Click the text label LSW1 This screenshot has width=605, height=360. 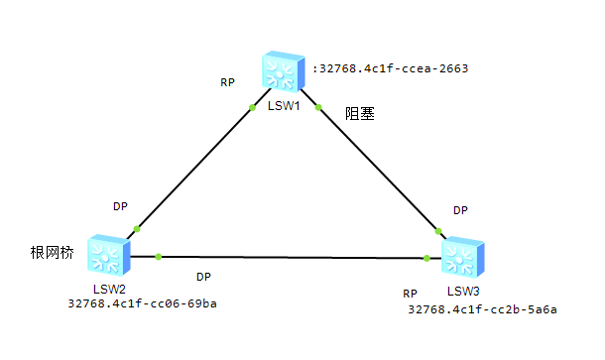coord(284,106)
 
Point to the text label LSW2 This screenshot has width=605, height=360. coord(106,289)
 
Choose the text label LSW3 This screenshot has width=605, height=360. coord(463,291)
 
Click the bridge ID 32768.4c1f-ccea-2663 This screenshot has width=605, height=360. coord(390,69)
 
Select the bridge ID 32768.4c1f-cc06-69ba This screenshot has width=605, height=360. coord(142,303)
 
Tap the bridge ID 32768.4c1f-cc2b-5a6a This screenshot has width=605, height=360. coord(482,309)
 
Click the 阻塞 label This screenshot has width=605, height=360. coord(359,114)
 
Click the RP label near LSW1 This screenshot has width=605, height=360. coord(227,82)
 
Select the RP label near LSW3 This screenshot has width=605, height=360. coord(410,294)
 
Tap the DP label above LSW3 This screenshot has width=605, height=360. coord(459,210)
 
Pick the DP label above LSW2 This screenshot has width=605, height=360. coord(120,206)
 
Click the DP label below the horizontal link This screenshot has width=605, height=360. coord(203,276)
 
